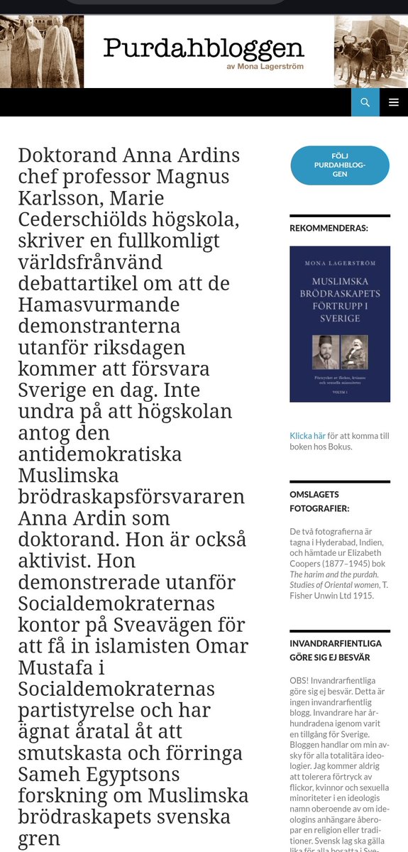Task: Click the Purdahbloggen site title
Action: [204, 48]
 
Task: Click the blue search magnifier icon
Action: [365, 102]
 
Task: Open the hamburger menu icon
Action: [394, 102]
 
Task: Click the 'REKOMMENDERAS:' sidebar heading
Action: [329, 229]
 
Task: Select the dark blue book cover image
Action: [340, 324]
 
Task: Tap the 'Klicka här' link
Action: [307, 436]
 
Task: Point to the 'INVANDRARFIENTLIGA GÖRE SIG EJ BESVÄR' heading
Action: [336, 650]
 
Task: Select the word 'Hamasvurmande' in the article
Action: [98, 305]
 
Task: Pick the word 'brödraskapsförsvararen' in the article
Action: [131, 496]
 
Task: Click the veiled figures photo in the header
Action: [42, 52]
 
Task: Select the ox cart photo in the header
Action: [370, 52]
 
